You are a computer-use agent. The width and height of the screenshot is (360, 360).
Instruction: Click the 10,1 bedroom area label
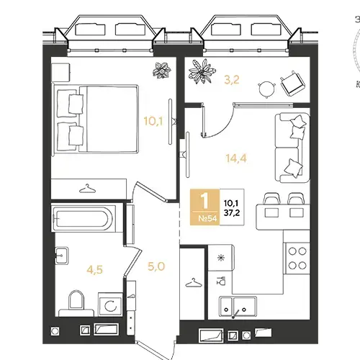tap(153, 121)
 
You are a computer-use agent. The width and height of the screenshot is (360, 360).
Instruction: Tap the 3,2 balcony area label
tap(232, 80)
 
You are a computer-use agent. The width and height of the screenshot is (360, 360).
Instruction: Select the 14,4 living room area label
tap(236, 158)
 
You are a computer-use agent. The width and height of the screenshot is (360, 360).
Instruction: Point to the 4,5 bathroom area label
tap(95, 269)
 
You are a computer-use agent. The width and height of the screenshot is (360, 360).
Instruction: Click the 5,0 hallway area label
tap(156, 266)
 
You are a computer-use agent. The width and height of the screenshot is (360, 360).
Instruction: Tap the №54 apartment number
tap(207, 219)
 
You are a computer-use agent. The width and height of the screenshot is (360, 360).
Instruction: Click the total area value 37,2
tap(232, 212)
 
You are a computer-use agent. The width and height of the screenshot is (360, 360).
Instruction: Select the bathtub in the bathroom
tap(84, 218)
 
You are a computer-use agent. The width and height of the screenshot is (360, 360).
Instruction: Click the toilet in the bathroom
tap(76, 304)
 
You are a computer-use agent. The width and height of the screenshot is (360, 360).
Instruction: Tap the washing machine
tap(110, 305)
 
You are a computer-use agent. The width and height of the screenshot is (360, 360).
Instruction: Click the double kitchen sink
tap(238, 306)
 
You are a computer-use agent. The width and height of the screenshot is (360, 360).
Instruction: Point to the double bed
tap(96, 119)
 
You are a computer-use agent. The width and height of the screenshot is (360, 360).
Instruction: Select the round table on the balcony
tap(266, 89)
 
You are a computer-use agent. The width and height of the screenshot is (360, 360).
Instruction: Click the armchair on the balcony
tap(292, 84)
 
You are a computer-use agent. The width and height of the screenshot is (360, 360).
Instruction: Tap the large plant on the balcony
tap(202, 71)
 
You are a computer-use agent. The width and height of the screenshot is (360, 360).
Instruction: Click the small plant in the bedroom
tap(162, 70)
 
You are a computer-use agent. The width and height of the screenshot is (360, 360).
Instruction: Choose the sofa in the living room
tap(292, 148)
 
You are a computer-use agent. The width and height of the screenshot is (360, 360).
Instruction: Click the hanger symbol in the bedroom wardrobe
tap(87, 189)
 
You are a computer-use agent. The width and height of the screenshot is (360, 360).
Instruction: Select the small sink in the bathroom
tap(61, 256)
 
